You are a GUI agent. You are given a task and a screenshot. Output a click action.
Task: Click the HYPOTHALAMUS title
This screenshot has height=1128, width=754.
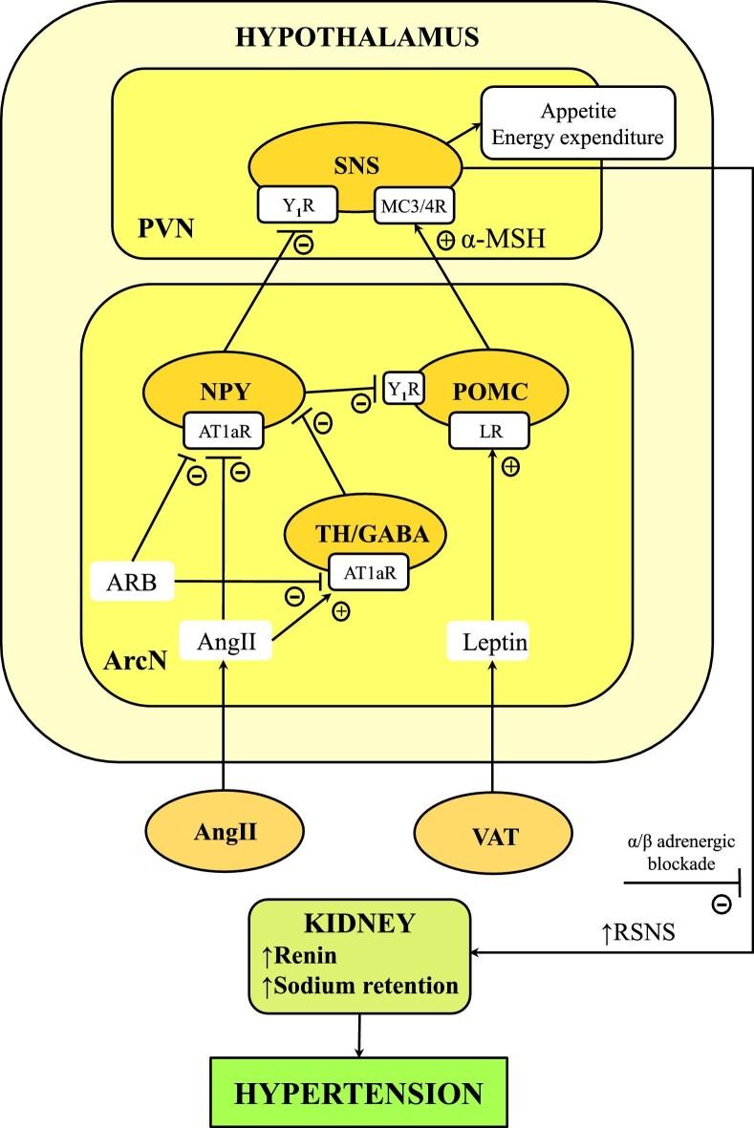tap(357, 38)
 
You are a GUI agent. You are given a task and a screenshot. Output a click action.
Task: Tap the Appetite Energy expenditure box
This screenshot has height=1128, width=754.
tap(578, 123)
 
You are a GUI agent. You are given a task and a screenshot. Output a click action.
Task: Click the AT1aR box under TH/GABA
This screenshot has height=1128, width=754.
tap(368, 574)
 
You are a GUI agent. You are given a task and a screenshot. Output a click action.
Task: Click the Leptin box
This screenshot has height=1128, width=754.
tap(488, 644)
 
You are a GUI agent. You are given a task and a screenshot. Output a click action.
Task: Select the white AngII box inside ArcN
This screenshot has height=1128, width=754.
tap(223, 642)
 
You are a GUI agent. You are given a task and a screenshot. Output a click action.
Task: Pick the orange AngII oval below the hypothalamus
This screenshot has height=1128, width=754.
tap(222, 834)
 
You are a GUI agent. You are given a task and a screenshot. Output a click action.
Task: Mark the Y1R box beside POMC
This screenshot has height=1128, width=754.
tap(402, 388)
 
